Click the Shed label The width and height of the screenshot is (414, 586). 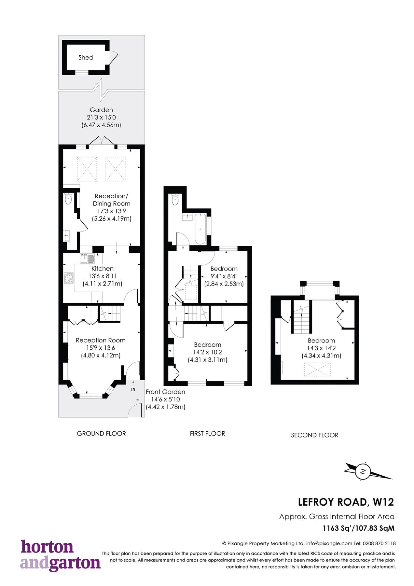pos(86,58)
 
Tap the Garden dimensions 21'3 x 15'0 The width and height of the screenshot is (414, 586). pos(101,118)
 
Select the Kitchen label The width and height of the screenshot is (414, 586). pos(103,269)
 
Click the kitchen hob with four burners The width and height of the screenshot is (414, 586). pos(69,278)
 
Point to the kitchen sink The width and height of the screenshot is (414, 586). pos(87,258)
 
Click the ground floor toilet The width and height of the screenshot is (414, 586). pos(68,199)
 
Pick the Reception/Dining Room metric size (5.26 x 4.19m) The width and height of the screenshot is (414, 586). pos(112,219)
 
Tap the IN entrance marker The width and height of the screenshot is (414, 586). pos(133,389)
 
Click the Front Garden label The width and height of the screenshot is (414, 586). pos(165,392)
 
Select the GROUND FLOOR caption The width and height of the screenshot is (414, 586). pos(101,434)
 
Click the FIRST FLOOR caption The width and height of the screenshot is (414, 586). pos(208,434)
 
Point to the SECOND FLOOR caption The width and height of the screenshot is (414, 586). pos(315,435)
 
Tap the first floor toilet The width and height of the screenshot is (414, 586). pos(175,200)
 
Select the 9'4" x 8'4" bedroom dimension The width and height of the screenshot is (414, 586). pos(224,276)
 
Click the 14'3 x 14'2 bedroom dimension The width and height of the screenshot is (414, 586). pos(321,348)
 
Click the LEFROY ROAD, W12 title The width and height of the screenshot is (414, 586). pos(346,502)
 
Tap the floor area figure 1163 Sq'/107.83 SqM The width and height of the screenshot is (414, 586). pos(358,528)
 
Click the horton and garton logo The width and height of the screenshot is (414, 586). pos(60,556)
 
